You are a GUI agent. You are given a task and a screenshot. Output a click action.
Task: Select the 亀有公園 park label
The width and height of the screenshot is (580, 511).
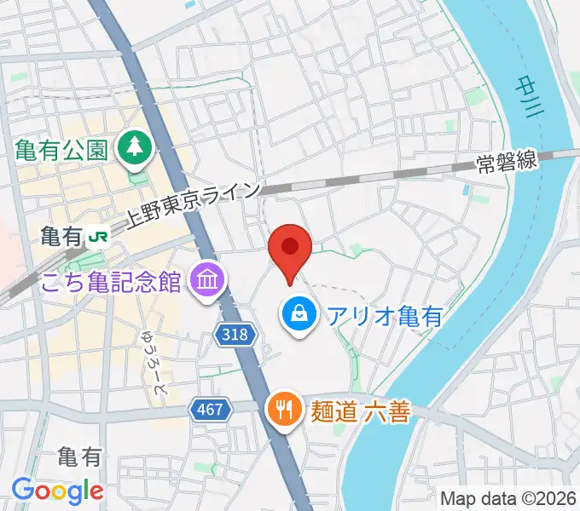click(x=61, y=150)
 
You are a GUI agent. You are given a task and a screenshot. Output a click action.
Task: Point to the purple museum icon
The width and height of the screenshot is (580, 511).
click(x=206, y=278)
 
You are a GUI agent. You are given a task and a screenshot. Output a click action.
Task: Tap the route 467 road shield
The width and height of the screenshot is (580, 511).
click(x=210, y=410)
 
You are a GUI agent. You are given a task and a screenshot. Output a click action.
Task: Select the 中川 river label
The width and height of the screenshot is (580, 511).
click(x=527, y=95)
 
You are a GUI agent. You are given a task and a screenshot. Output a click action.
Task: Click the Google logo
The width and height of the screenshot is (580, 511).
click(x=57, y=491)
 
